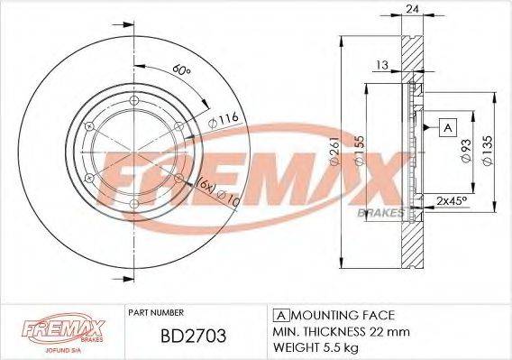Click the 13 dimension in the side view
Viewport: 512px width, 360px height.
(382, 65)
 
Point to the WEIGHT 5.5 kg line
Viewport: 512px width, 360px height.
(317, 346)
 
